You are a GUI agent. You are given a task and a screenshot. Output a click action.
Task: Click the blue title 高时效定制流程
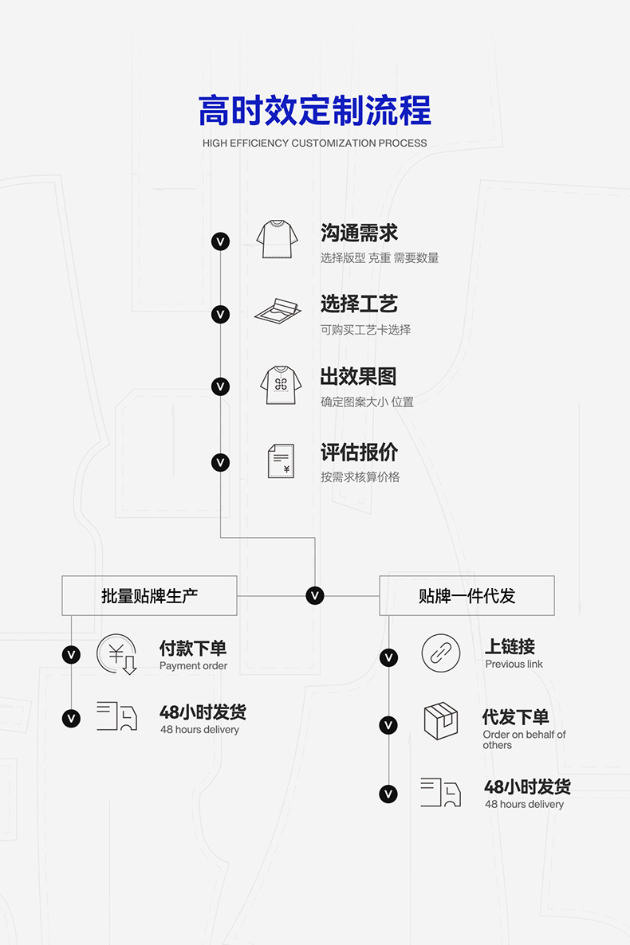(x=314, y=111)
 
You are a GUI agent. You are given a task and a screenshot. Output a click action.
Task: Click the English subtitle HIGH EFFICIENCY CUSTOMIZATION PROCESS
(x=314, y=143)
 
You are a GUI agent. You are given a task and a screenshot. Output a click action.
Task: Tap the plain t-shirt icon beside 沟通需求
(x=277, y=238)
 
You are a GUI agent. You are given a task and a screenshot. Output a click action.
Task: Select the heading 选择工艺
(x=359, y=304)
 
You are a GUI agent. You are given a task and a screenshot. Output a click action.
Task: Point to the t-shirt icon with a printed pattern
(x=281, y=385)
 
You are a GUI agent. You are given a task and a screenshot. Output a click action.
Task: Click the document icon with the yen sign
(x=281, y=461)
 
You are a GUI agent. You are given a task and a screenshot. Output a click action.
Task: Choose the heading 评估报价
(x=359, y=453)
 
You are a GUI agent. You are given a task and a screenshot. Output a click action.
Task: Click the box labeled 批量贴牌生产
(x=149, y=595)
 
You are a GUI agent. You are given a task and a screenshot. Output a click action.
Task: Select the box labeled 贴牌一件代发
(x=467, y=595)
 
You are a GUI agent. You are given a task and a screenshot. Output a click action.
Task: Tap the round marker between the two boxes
(x=315, y=595)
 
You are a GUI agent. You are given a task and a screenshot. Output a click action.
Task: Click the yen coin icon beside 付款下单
(x=117, y=654)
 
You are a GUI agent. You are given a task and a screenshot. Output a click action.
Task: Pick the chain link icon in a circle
(x=441, y=653)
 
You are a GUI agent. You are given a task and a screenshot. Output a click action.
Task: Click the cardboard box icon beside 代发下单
(x=441, y=721)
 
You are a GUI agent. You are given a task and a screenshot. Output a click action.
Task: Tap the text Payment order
(x=193, y=666)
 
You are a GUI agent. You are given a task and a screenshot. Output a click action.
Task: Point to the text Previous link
(x=514, y=665)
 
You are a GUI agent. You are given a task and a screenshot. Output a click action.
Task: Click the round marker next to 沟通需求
(x=220, y=241)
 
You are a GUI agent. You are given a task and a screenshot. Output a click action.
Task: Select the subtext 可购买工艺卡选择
(x=365, y=330)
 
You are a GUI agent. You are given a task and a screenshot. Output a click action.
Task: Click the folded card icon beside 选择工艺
(x=278, y=312)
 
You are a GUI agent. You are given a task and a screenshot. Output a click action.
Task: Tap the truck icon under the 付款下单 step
(x=117, y=716)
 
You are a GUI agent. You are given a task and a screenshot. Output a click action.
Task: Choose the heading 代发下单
(x=515, y=717)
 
